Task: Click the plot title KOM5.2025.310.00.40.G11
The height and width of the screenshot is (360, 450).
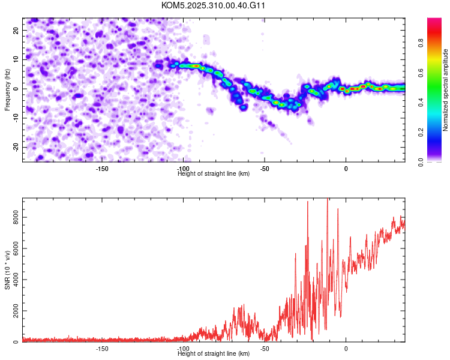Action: [x=214, y=5]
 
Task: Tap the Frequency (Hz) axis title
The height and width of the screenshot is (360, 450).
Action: [x=7, y=89]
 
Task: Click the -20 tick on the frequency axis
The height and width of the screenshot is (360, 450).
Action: [x=16, y=147]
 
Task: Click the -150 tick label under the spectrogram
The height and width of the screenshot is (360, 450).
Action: [x=102, y=169]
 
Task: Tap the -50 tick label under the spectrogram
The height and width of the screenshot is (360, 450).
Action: [x=264, y=169]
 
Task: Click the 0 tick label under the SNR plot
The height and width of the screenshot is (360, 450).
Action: [x=346, y=349]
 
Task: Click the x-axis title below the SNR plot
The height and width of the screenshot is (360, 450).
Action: [x=214, y=354]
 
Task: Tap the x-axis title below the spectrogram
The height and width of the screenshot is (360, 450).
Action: [x=214, y=174]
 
